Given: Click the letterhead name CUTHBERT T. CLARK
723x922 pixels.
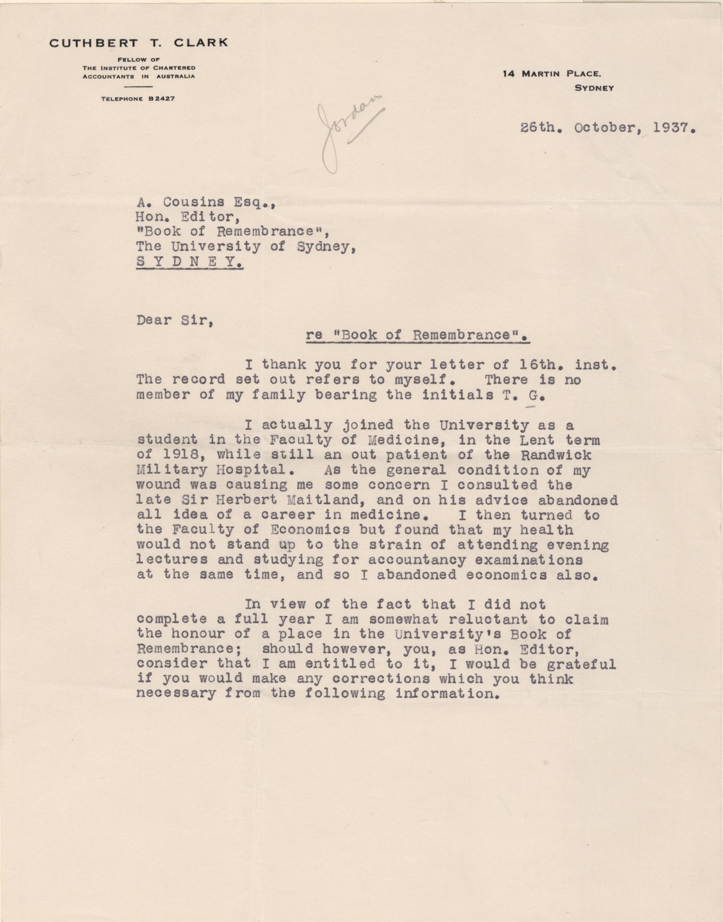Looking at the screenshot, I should tap(139, 43).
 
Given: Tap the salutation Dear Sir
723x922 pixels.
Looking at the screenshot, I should tap(174, 320).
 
